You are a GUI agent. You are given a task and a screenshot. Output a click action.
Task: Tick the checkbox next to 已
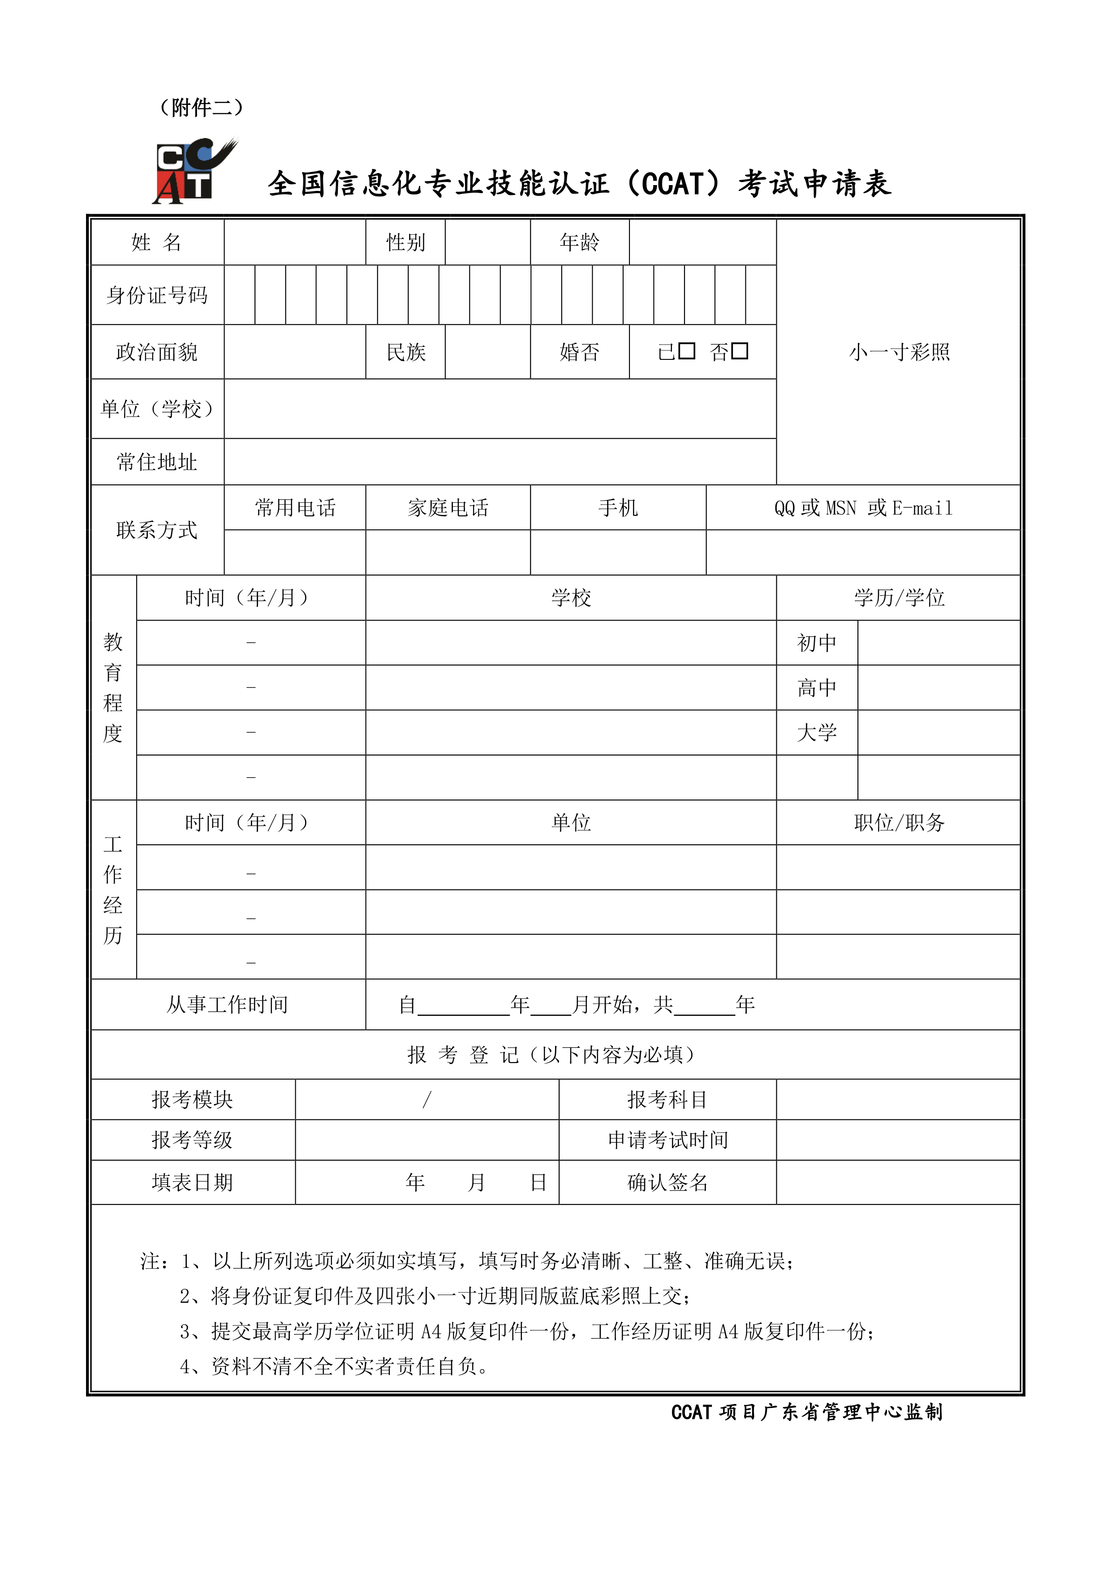tap(687, 351)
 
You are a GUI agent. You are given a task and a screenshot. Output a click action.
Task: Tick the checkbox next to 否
tap(739, 351)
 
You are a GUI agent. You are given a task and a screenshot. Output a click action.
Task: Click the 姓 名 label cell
tap(157, 242)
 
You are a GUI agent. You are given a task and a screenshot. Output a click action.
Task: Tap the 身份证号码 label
tap(157, 295)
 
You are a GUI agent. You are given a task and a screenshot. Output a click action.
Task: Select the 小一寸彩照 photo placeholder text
tap(899, 352)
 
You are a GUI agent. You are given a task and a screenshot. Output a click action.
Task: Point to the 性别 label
tap(405, 242)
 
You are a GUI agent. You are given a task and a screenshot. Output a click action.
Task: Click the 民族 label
tap(405, 352)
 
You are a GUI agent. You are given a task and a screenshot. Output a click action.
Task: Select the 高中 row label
tap(817, 687)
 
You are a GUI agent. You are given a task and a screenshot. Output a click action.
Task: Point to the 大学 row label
tap(817, 733)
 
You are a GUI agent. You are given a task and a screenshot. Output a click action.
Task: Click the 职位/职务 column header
tap(898, 822)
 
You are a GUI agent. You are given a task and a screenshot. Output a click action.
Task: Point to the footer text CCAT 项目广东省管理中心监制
tap(806, 1412)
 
